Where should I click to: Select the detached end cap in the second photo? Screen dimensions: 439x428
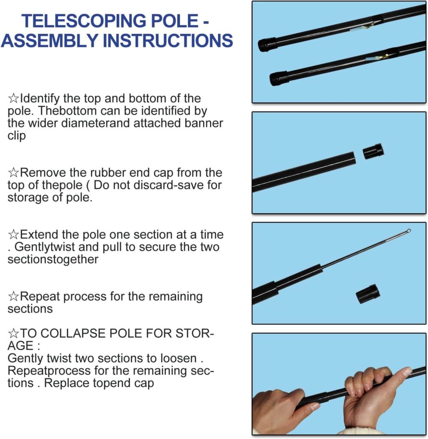point(373,151)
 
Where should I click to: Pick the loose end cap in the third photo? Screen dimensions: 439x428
point(368,294)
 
